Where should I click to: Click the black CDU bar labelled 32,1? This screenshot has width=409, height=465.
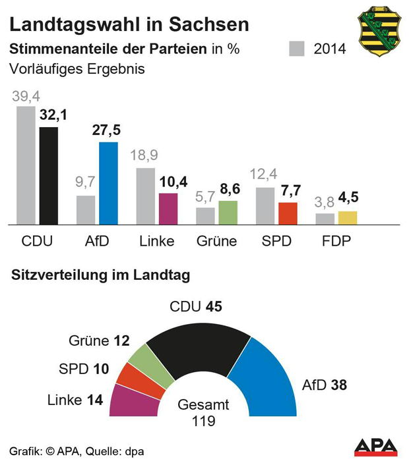49,176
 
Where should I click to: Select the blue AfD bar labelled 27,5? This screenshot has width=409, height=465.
108,183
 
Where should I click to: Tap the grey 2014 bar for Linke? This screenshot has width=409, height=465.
146,196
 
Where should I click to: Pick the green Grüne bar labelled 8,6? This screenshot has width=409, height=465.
228,213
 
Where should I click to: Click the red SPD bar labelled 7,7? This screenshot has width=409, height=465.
288,214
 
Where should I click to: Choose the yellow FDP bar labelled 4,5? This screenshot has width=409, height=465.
347,218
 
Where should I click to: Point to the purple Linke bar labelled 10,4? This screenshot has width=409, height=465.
168,209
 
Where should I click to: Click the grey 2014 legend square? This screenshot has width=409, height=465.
298,49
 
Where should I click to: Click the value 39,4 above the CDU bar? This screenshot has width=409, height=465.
25,96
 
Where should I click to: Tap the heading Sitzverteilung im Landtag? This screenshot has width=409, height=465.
101,276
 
